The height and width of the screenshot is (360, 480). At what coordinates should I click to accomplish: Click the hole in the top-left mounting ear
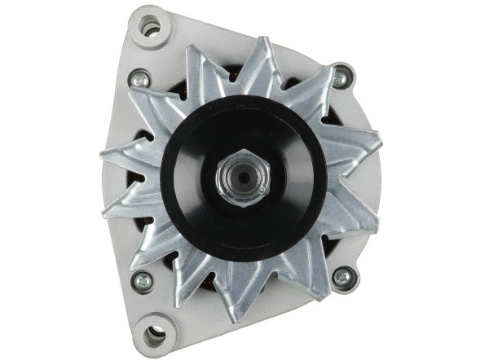click(x=149, y=28)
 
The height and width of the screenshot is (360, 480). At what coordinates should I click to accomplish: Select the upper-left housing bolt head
click(x=140, y=79)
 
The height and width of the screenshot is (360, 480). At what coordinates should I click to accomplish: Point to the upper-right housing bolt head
click(x=341, y=79)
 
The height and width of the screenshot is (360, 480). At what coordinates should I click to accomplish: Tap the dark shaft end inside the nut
click(x=241, y=173)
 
